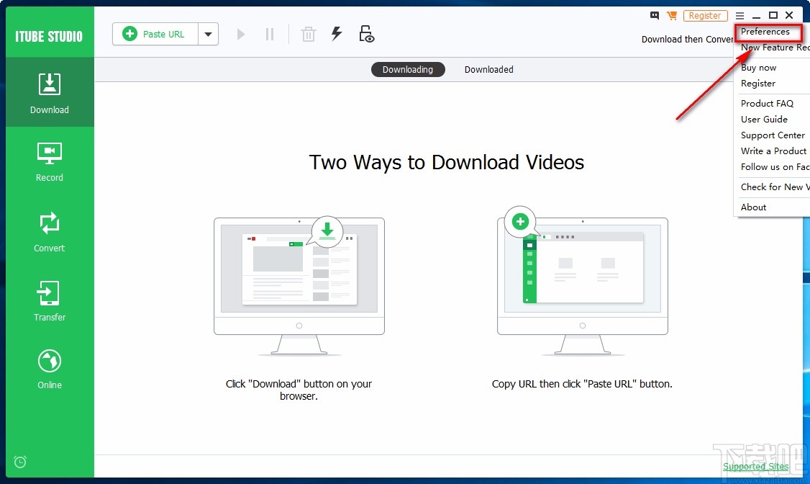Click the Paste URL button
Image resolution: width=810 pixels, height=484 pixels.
pyautogui.click(x=155, y=34)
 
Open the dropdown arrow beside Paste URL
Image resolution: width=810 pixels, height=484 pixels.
pyautogui.click(x=208, y=34)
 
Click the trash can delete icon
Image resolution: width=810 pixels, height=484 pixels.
pyautogui.click(x=308, y=34)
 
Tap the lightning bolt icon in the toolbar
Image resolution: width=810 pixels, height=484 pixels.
pyautogui.click(x=336, y=34)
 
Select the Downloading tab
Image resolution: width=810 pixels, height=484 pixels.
pyautogui.click(x=408, y=70)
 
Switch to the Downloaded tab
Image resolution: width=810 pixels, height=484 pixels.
pyautogui.click(x=488, y=70)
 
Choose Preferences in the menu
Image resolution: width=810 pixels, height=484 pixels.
pyautogui.click(x=765, y=32)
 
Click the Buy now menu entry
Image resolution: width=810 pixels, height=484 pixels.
pyautogui.click(x=759, y=68)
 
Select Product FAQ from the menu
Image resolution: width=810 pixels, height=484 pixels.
pyautogui.click(x=767, y=104)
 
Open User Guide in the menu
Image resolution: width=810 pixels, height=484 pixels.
pyautogui.click(x=764, y=120)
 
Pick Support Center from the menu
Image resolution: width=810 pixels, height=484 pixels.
pyautogui.click(x=773, y=135)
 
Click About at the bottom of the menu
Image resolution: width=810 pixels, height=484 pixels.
pyautogui.click(x=753, y=207)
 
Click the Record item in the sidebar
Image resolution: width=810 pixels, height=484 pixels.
pyautogui.click(x=50, y=161)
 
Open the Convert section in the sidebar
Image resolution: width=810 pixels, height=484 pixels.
pyautogui.click(x=50, y=231)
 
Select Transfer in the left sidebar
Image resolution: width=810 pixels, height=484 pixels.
pyautogui.click(x=50, y=301)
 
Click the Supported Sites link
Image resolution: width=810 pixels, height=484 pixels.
pyautogui.click(x=755, y=467)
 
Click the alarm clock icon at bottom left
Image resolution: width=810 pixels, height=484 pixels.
pyautogui.click(x=20, y=462)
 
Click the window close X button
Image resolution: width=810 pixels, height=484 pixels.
pyautogui.click(x=789, y=15)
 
